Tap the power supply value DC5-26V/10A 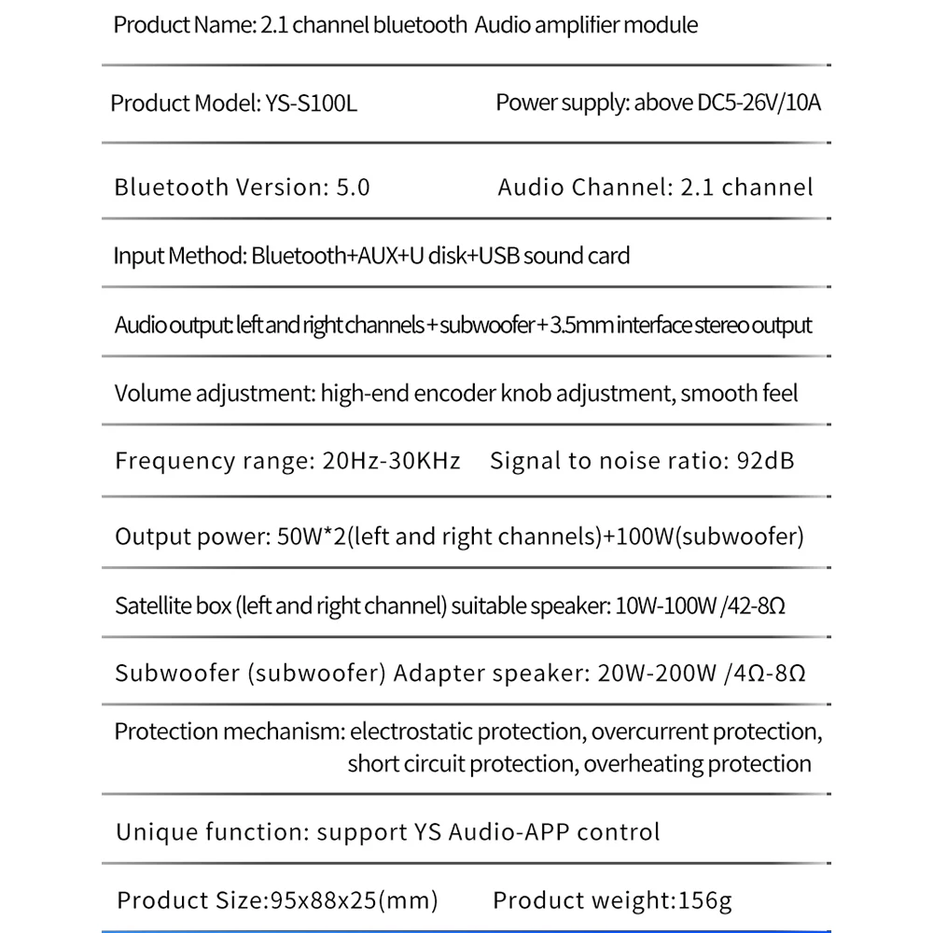pos(759,103)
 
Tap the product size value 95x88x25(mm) pos(354,900)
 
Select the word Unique pos(149,831)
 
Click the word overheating pos(642,764)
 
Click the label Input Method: pos(179,255)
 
